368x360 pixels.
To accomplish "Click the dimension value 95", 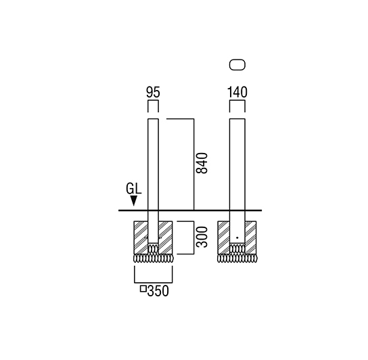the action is point(153,92).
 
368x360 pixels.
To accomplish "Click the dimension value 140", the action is point(237,92).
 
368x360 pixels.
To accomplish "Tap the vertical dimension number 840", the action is point(202,163).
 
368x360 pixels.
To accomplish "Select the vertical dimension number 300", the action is point(202,237).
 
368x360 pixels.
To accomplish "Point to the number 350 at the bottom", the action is point(158,291).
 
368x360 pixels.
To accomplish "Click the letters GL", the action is point(134,189).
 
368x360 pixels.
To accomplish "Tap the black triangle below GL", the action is point(134,201).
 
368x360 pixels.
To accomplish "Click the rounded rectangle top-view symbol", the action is point(237,65).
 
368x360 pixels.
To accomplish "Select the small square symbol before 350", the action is point(143,289).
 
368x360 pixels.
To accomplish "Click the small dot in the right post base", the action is point(237,238).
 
